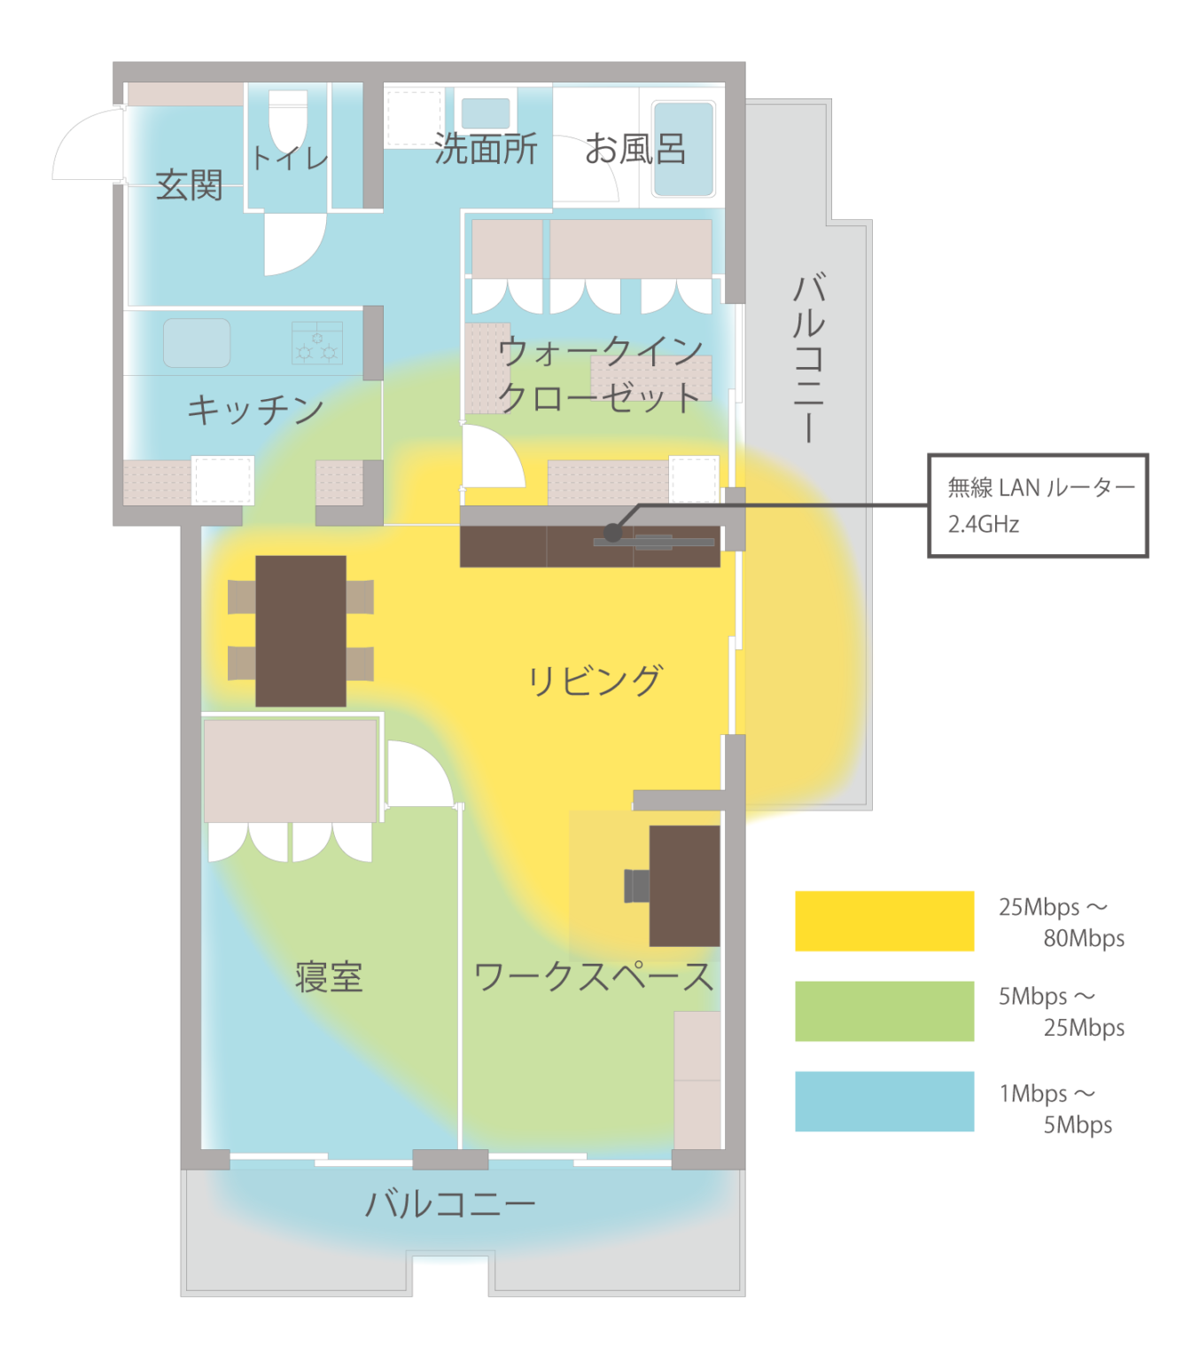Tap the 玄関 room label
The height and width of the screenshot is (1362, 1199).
pos(189,184)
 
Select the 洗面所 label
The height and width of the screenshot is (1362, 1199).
pos(486,149)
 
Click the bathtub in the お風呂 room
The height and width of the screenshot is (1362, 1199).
pos(683,149)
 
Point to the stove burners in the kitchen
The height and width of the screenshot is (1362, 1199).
pos(316,342)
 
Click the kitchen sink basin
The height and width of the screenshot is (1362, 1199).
pos(196,343)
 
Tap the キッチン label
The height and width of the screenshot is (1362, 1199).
pos(256,410)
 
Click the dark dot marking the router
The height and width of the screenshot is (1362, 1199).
pos(612,532)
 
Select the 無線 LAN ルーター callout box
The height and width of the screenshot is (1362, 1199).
pos(1038,505)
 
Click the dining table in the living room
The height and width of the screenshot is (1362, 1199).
pos(300,630)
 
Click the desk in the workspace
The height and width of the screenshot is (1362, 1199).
pos(684,885)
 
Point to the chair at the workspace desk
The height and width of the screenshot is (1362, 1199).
pos(636,885)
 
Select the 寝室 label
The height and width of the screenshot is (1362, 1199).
pos(329,977)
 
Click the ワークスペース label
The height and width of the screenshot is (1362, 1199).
pos(594,977)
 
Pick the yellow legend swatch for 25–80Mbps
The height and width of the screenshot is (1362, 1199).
pos(884,921)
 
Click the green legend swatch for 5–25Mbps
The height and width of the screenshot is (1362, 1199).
pos(884,1011)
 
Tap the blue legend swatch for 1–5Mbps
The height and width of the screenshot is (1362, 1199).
pos(884,1101)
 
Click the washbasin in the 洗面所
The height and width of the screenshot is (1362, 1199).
pos(486,113)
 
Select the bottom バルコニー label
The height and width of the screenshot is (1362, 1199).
pos(449,1204)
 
